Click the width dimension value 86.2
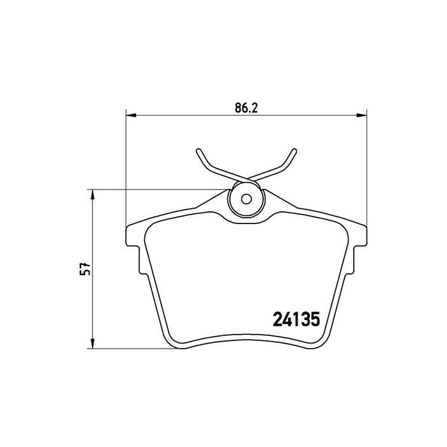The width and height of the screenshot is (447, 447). coord(245,109)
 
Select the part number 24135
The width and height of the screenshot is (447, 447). coord(296,317)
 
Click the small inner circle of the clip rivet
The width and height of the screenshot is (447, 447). coord(246,197)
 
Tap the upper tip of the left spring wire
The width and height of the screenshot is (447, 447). coord(198,152)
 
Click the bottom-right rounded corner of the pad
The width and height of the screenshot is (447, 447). coord(319,344)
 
